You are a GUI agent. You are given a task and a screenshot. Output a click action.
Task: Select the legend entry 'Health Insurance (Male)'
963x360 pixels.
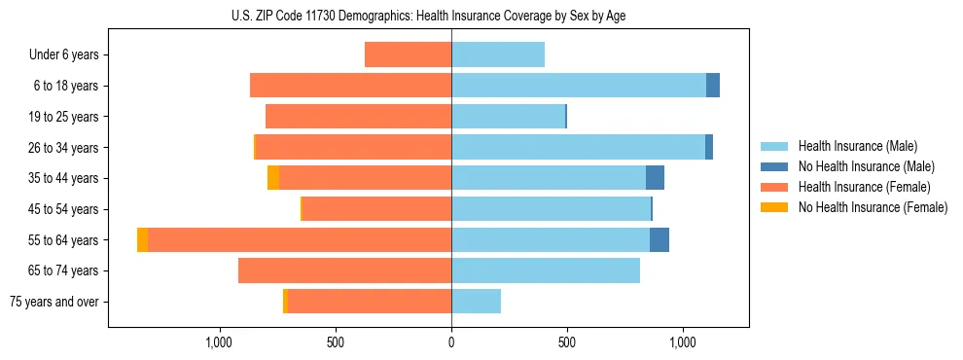coord(857,146)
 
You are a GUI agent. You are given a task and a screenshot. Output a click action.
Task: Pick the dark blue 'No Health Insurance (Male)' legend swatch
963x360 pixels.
coord(775,166)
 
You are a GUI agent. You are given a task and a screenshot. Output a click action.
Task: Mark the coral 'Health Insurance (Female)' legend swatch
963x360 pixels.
coord(775,187)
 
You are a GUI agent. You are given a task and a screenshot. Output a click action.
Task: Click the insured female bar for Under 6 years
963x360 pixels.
coord(408,54)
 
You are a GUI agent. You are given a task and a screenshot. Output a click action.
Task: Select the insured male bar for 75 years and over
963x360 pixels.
coord(476,302)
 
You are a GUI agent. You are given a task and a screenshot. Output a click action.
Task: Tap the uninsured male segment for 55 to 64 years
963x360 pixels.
coord(660,240)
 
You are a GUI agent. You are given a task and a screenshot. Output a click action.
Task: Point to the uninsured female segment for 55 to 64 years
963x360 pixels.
coord(143,240)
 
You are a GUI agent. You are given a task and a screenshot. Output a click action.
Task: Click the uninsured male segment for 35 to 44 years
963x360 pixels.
coord(655,178)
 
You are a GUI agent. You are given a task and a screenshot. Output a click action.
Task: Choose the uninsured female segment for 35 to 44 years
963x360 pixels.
coord(273,178)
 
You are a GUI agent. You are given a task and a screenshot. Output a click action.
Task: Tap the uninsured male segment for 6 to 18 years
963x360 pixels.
coord(713,86)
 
